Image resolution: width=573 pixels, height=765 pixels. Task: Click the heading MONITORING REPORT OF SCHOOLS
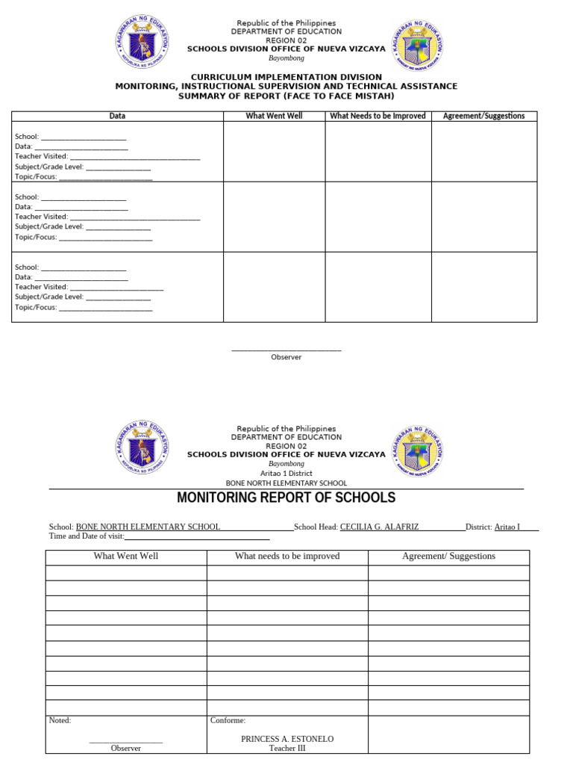click(286, 498)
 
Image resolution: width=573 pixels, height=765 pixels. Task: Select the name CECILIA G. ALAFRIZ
click(379, 527)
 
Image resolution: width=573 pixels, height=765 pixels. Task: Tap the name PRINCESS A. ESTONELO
click(287, 739)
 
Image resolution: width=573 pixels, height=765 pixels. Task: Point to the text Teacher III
click(287, 749)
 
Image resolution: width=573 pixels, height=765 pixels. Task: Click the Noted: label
click(60, 721)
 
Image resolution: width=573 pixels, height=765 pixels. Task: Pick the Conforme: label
click(228, 721)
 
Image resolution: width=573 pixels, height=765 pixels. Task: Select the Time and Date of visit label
click(87, 536)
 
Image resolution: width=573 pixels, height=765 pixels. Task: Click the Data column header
click(117, 116)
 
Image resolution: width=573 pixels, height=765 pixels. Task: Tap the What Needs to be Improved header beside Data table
click(378, 116)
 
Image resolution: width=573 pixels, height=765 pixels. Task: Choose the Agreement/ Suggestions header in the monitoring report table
click(448, 557)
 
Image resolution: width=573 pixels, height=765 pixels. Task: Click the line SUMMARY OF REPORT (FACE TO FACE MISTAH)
click(286, 96)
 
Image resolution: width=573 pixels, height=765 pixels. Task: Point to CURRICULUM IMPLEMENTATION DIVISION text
click(286, 77)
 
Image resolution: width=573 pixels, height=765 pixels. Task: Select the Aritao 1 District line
click(286, 474)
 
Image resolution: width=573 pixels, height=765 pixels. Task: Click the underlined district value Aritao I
click(507, 527)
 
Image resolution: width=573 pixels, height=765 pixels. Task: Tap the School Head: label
click(316, 527)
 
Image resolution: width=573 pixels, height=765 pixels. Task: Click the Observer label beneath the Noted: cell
click(125, 749)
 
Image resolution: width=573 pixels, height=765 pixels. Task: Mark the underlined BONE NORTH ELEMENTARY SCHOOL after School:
click(148, 527)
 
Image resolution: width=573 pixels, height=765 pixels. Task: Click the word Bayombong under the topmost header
click(286, 58)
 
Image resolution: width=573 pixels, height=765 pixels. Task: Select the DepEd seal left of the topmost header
click(142, 42)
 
